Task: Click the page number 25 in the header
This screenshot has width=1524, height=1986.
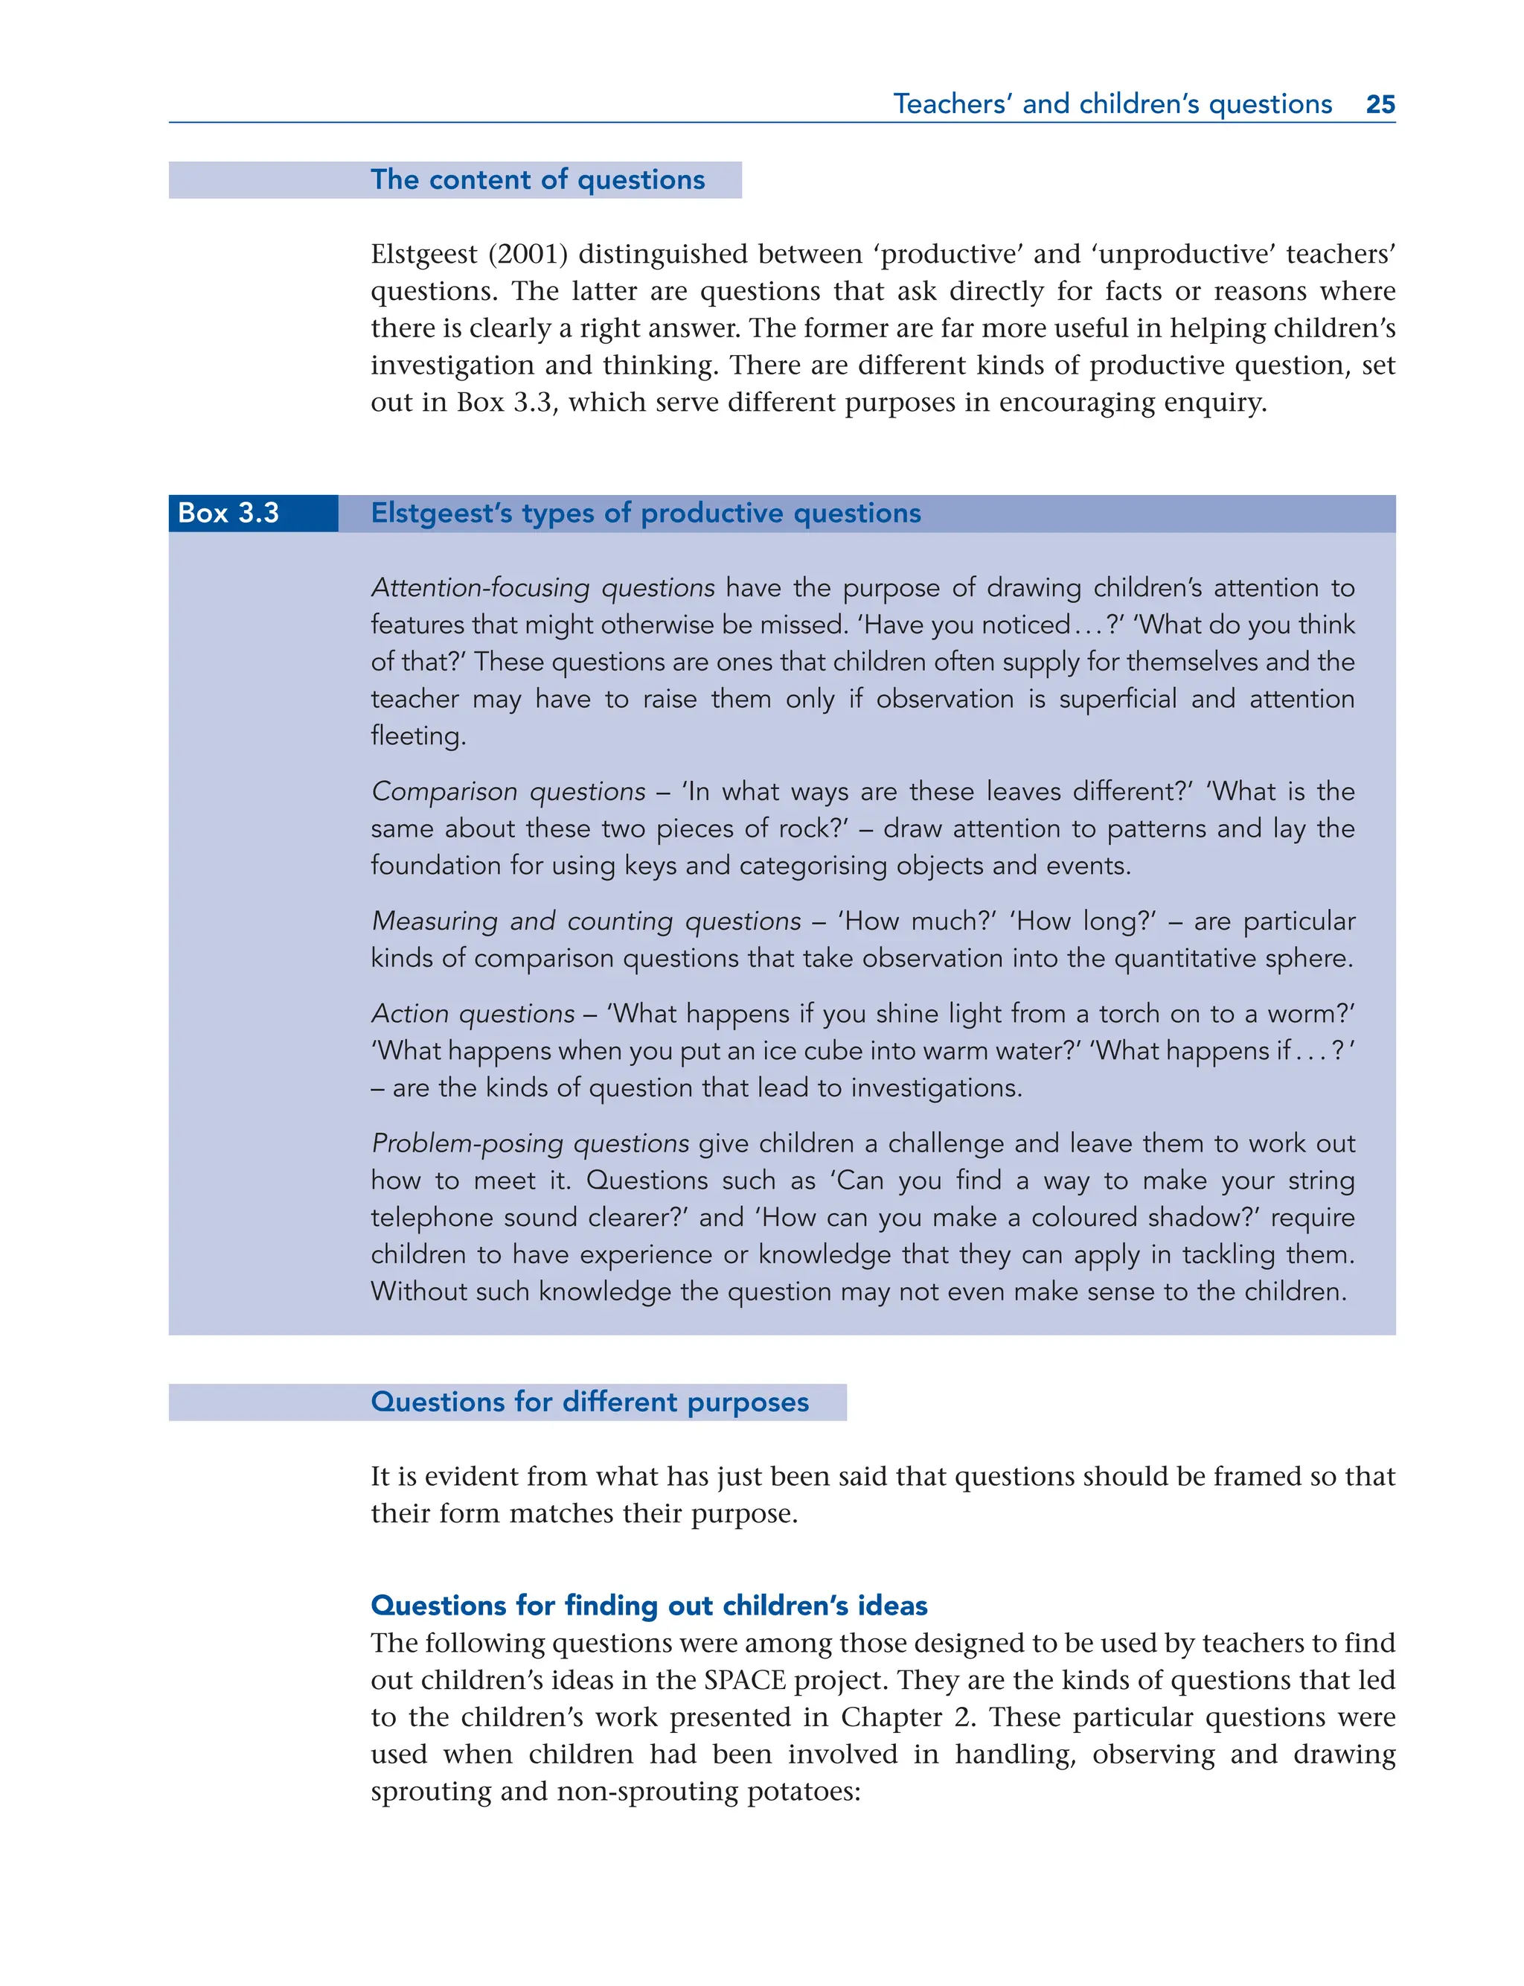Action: point(1380,104)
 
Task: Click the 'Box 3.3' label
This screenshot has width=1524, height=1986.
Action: point(228,514)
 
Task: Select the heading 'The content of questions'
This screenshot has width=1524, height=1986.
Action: point(537,179)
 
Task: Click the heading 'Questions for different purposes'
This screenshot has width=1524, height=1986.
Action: point(589,1402)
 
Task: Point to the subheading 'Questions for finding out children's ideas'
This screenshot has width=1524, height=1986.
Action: point(649,1605)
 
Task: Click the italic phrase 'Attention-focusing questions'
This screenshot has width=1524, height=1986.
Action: point(542,588)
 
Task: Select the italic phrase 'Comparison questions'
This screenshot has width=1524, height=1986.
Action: point(508,791)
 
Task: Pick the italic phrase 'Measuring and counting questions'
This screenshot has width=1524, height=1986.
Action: point(586,921)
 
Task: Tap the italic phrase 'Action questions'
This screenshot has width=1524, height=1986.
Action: point(473,1013)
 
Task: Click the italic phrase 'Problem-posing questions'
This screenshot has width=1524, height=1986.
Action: point(530,1143)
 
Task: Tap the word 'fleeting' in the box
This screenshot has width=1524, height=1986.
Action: point(417,735)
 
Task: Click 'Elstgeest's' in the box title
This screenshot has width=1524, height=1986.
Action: point(442,514)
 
